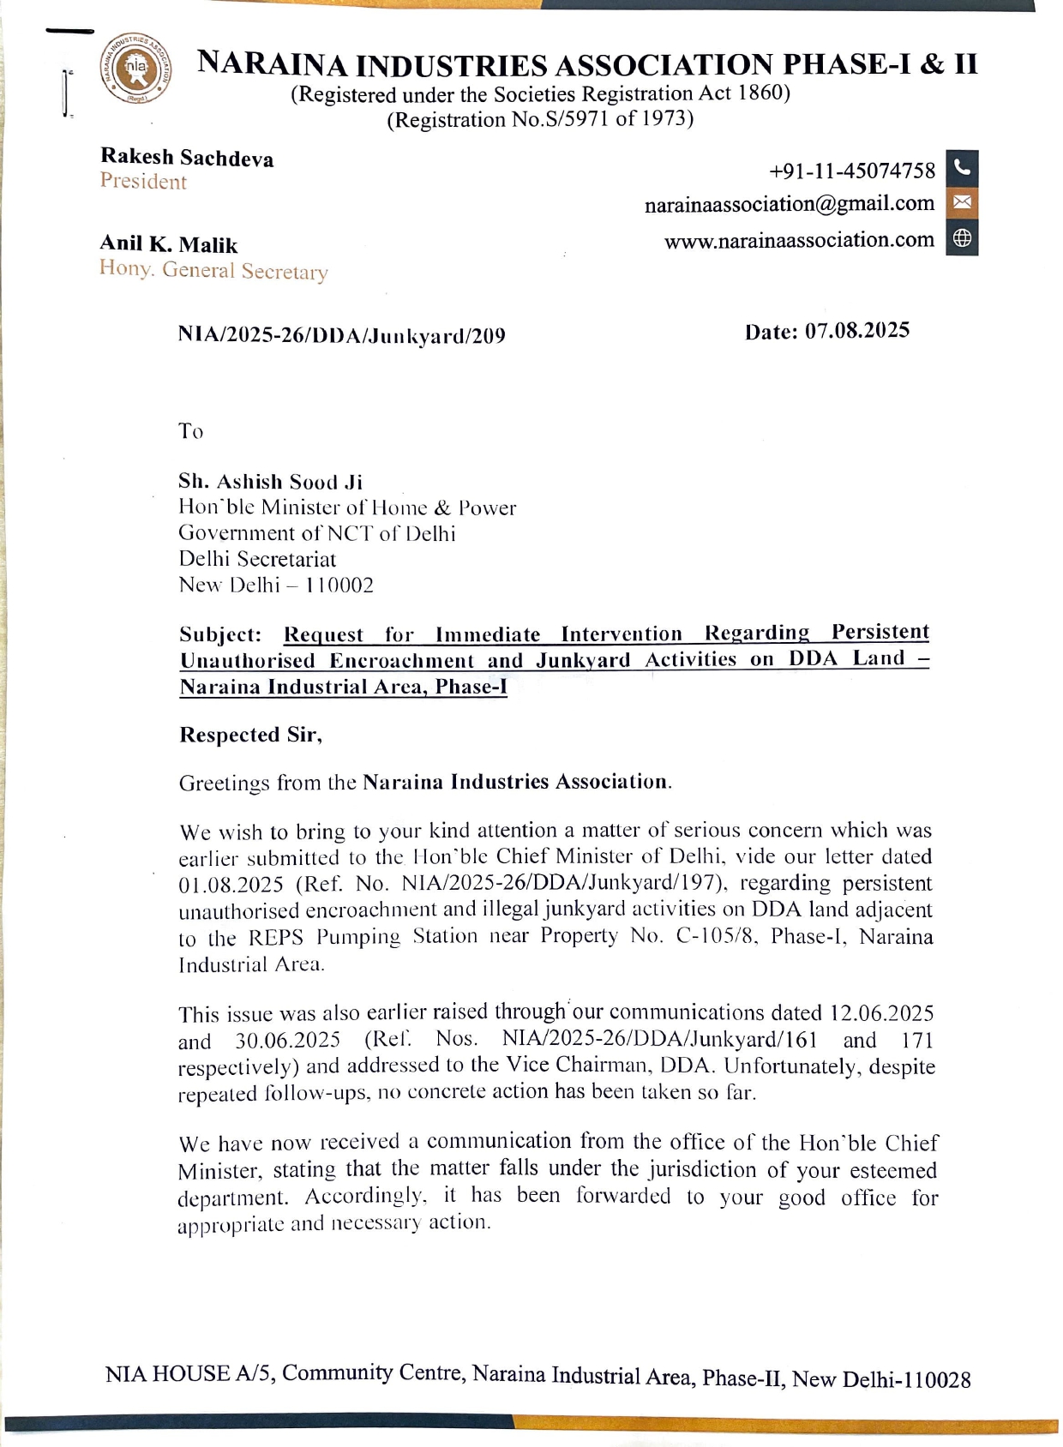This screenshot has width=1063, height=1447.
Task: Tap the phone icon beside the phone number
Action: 962,168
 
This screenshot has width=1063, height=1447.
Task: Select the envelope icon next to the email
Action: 962,203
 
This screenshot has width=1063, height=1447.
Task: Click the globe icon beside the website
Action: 962,239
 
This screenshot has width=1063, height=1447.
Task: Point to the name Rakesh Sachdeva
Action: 187,158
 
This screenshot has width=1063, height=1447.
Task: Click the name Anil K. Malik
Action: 168,244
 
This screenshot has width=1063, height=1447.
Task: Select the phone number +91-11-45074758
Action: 852,171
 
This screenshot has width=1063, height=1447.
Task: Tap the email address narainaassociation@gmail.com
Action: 789,205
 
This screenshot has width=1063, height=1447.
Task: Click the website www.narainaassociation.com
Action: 798,240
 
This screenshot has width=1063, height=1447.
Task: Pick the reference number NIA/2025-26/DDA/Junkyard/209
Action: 341,335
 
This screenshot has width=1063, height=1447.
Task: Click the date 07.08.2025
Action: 856,331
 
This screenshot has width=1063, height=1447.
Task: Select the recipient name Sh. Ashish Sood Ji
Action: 270,482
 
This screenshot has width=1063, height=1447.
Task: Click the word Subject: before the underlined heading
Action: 220,635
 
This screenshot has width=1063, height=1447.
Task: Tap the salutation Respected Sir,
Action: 250,735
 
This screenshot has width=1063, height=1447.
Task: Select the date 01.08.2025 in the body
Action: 231,885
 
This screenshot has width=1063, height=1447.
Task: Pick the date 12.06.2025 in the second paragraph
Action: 881,1013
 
